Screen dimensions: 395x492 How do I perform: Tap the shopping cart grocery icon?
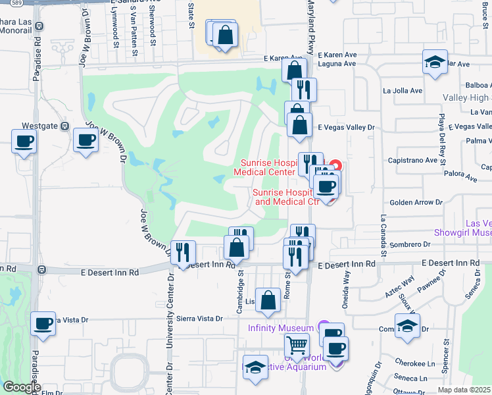coord(297,344)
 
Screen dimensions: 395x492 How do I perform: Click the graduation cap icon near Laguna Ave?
coord(434,62)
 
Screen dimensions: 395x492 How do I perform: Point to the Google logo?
coord(21,387)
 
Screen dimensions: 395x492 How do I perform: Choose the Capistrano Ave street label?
coord(413,160)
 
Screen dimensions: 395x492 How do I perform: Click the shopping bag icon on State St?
coord(225,36)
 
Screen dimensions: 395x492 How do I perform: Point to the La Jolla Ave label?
coord(406,90)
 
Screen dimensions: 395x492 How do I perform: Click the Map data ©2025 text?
coord(464,390)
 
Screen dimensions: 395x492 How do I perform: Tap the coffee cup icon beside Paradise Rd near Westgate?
coord(24,141)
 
